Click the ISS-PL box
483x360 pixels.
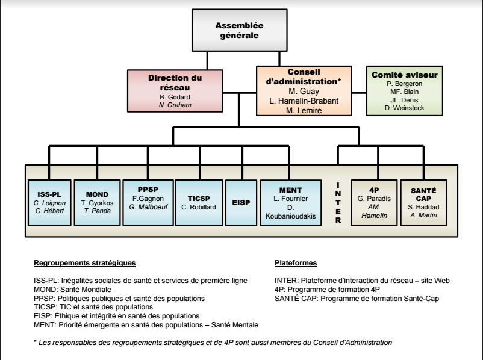coord(49,202)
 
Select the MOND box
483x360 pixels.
coord(97,202)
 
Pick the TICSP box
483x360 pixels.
coord(198,202)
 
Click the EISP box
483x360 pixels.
coord(240,203)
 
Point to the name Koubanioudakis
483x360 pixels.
coord(287,215)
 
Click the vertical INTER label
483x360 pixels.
coord(338,202)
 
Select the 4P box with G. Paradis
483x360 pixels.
coord(373,202)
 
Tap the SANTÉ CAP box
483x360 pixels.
coord(424,202)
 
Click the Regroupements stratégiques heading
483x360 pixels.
coord(84,264)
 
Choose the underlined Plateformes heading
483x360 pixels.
coord(296,264)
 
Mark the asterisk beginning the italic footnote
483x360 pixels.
coord(36,343)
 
